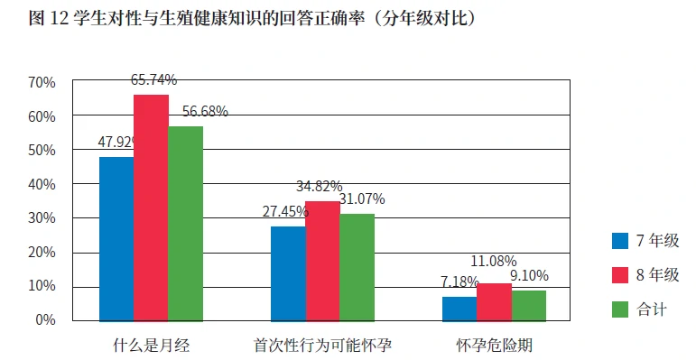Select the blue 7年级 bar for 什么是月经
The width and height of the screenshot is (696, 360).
[x=116, y=238]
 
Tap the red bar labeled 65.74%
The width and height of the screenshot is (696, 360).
[x=151, y=208]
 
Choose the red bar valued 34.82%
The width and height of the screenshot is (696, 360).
[x=322, y=261]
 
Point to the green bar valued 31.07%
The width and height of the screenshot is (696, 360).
[x=357, y=267]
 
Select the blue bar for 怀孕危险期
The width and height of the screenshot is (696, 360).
[x=459, y=308]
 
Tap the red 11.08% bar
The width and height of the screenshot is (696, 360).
[x=494, y=301]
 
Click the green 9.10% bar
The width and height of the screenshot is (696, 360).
[x=528, y=305]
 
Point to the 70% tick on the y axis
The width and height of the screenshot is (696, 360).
[x=42, y=83]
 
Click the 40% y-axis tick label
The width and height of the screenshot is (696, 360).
[x=42, y=184]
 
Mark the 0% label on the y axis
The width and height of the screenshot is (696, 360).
[x=46, y=320]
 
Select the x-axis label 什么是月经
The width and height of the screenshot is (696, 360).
[x=151, y=345]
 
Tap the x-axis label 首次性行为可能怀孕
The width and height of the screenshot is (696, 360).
[x=322, y=345]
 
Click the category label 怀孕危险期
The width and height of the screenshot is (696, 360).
[x=494, y=345]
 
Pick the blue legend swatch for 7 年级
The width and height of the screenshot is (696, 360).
[x=620, y=241]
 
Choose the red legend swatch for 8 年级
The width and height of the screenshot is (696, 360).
[x=620, y=275]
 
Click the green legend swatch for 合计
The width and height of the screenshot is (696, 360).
[x=620, y=309]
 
